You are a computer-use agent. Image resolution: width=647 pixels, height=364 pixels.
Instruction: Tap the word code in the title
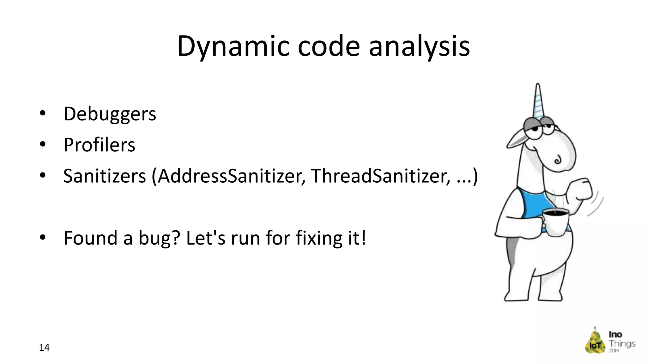(329, 46)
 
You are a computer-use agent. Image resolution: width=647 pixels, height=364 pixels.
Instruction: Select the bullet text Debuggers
(110, 114)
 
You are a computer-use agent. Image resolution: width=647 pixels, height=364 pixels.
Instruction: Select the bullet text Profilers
(99, 145)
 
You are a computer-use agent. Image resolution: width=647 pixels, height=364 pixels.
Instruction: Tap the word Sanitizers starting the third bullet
(105, 176)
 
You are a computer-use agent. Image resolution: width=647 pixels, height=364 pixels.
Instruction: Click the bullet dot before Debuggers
(43, 113)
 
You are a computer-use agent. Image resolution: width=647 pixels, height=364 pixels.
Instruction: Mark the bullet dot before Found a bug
(43, 237)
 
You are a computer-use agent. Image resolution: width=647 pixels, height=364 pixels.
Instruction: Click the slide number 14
(44, 348)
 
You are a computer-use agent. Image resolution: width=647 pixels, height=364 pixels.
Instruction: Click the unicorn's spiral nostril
(558, 160)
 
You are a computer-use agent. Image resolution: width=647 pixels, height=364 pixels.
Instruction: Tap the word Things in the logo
(622, 343)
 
